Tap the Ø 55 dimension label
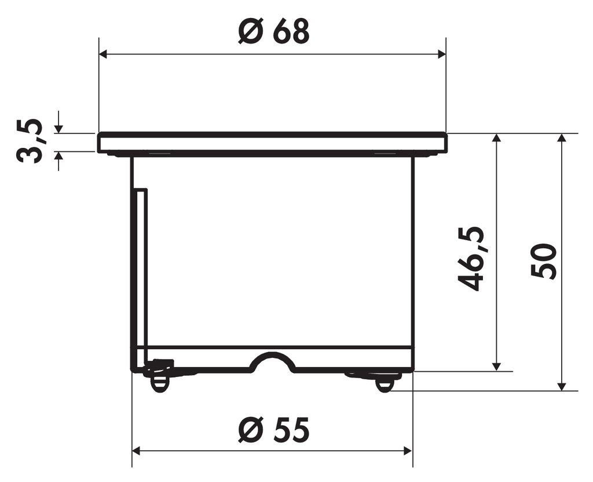pos(274,430)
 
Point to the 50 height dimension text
pos(543,262)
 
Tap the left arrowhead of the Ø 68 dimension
pos(104,54)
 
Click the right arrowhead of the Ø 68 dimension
pos(441,54)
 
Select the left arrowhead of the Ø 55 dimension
pos(137,451)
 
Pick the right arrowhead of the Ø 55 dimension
pos(408,451)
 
